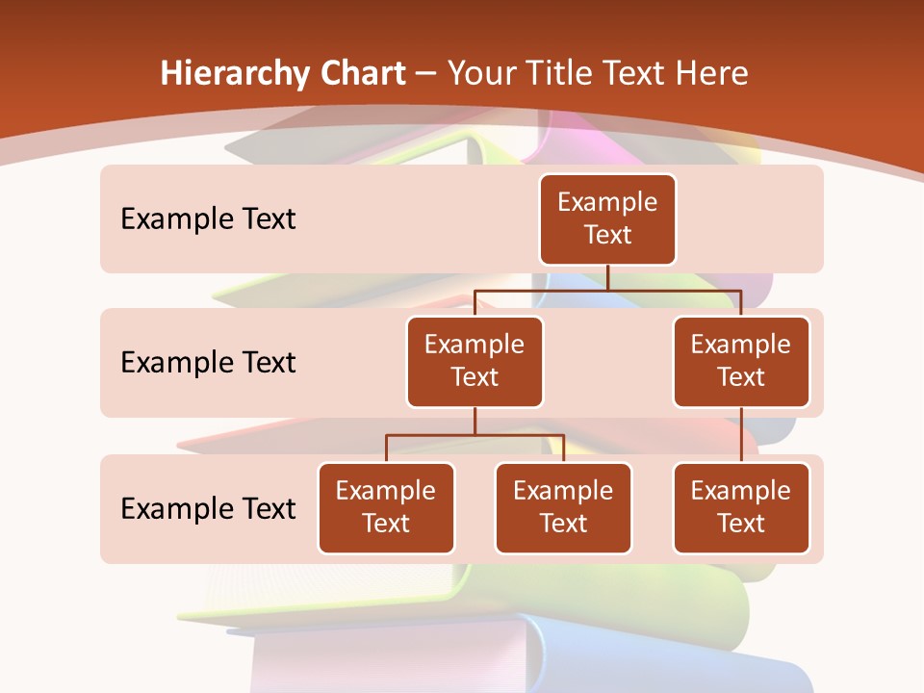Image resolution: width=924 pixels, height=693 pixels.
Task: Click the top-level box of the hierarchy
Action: tap(607, 218)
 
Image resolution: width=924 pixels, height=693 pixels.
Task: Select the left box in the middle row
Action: tap(475, 361)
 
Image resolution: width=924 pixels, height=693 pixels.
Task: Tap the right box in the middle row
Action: tap(741, 361)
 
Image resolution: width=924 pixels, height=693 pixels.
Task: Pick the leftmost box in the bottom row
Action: tap(386, 507)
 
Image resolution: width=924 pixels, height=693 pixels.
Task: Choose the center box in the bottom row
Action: tap(563, 507)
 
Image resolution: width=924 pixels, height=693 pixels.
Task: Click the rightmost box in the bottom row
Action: tap(741, 507)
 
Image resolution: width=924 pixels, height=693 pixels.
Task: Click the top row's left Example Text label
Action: tap(208, 218)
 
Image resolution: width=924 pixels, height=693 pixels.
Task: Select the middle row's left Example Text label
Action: tap(208, 362)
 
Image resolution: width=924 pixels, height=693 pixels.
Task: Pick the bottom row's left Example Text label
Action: tap(208, 508)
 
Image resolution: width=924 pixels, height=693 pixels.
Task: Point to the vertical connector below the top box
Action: tap(607, 277)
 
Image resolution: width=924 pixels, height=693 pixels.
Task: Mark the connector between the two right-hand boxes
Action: tap(741, 435)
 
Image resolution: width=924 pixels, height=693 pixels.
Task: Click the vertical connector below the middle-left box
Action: tap(475, 421)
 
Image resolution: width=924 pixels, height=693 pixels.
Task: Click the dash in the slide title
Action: tap(426, 74)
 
